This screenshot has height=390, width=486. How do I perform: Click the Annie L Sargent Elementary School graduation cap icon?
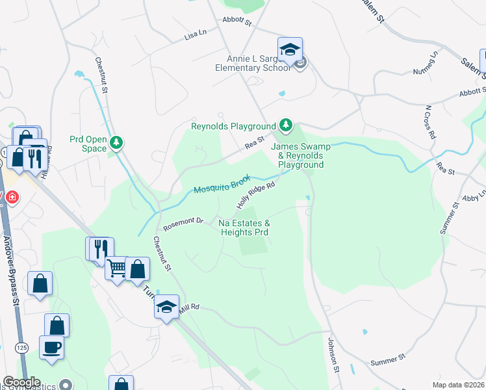click(290, 49)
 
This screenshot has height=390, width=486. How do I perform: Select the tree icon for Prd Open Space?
click(116, 142)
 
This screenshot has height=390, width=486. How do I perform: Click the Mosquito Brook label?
click(222, 184)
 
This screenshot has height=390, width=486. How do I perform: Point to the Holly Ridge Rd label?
click(257, 195)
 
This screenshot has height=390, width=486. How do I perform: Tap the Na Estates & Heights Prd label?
click(244, 227)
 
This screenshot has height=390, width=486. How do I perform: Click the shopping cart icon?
click(116, 268)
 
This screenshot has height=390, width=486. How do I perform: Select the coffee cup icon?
click(51, 346)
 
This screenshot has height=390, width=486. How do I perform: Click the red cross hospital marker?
click(11, 197)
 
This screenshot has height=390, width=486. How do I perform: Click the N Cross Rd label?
click(428, 122)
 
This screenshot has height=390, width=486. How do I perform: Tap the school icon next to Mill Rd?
click(166, 306)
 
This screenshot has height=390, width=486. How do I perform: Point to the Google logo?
click(21, 382)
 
